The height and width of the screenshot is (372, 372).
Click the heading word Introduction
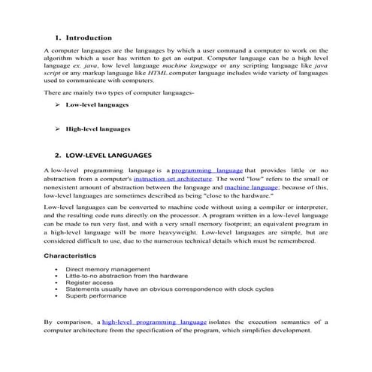[x=89, y=37]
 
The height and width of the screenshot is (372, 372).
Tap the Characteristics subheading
[x=74, y=256]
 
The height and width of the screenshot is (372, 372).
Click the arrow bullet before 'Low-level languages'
[x=58, y=105]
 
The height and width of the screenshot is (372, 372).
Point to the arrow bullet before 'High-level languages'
[x=58, y=129]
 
